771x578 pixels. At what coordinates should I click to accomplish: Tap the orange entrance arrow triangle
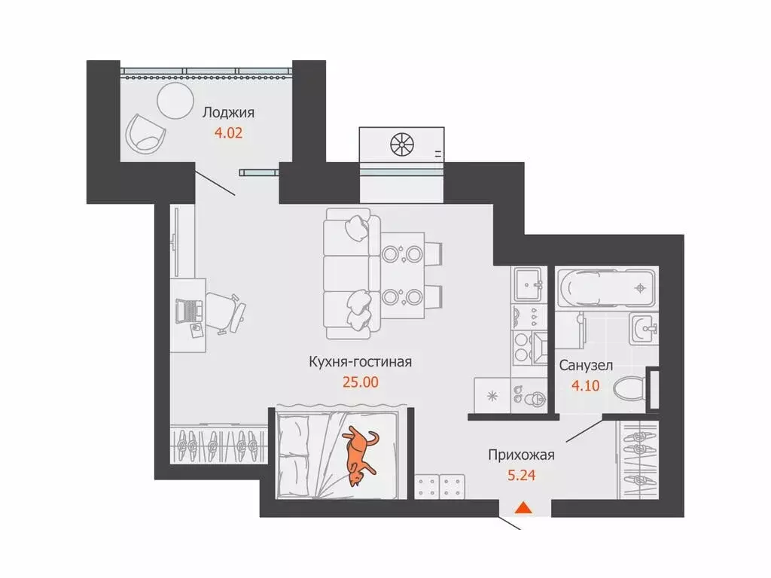pyautogui.click(x=523, y=508)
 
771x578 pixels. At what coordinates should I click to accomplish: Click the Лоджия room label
pyautogui.click(x=228, y=113)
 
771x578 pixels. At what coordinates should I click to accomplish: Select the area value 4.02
pyautogui.click(x=227, y=136)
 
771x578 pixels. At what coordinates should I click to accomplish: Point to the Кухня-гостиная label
pyautogui.click(x=360, y=362)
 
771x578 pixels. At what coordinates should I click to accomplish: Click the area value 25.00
pyautogui.click(x=360, y=382)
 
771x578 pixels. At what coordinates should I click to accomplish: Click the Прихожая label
pyautogui.click(x=521, y=455)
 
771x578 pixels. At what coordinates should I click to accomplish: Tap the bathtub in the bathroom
pyautogui.click(x=607, y=287)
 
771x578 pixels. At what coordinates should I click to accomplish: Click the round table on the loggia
pyautogui.click(x=175, y=99)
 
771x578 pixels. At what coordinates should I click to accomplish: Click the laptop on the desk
pyautogui.click(x=187, y=309)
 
